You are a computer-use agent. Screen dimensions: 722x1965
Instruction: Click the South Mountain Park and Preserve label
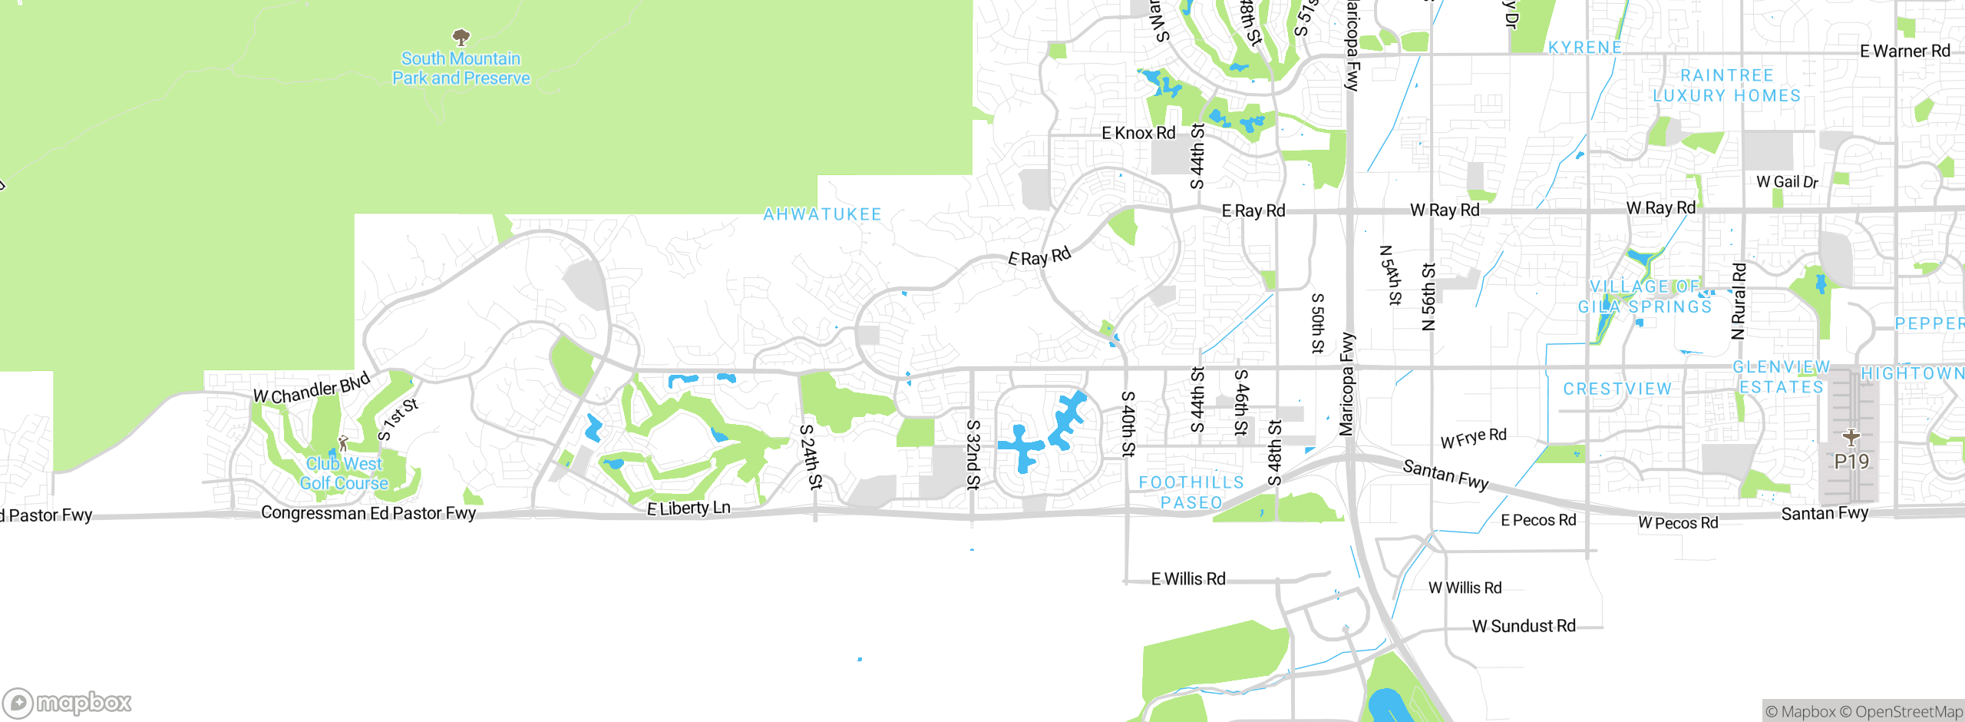click(461, 68)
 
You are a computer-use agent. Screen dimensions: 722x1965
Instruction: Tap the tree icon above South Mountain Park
click(461, 37)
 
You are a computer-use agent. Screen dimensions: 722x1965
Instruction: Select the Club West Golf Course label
click(344, 473)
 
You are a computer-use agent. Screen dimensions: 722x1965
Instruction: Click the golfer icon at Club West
click(343, 443)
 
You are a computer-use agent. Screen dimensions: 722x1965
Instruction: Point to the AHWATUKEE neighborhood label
click(822, 215)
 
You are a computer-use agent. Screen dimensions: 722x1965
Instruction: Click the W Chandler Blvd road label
click(312, 388)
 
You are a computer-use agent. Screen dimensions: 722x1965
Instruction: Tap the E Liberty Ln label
click(689, 508)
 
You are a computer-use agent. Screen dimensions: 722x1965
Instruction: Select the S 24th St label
click(811, 457)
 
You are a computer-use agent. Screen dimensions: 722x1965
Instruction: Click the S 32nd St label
click(973, 455)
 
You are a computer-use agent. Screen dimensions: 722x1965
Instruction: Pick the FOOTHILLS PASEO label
click(1191, 492)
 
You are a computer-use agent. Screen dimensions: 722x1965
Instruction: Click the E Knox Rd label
click(1138, 133)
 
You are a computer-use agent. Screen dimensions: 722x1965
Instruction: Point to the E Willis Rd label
click(1188, 579)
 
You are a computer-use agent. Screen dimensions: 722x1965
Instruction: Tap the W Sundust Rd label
click(1524, 626)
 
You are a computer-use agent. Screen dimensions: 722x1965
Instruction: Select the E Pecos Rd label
click(1538, 520)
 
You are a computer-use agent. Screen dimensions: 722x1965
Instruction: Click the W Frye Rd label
click(1473, 439)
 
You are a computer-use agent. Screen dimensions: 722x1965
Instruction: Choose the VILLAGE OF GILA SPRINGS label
click(1645, 296)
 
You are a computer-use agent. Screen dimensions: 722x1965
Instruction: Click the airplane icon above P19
click(1851, 437)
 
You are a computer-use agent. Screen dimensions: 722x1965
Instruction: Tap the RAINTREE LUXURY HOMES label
click(1727, 85)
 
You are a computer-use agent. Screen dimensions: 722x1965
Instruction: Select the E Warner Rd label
click(1904, 51)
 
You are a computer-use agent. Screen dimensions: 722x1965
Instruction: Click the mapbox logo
click(68, 703)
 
